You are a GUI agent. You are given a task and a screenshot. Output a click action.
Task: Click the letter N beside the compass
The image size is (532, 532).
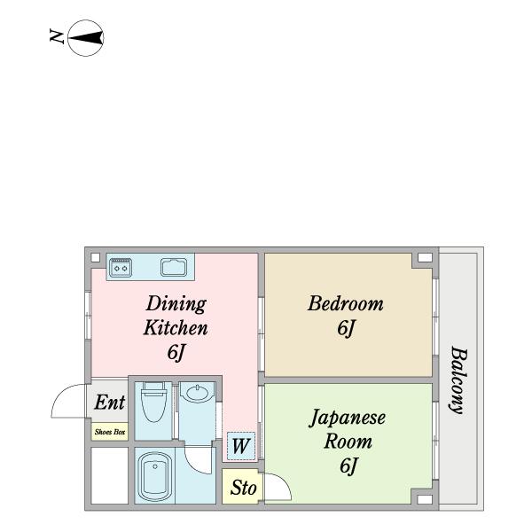coord(57,37)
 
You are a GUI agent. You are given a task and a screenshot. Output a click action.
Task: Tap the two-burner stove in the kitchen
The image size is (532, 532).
coord(121,266)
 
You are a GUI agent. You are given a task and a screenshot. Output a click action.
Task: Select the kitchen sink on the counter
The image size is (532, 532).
coord(173,266)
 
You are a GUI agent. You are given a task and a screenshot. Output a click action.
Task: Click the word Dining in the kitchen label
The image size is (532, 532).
coord(176,303)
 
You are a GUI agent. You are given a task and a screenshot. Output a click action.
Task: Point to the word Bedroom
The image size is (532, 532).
coord(345,303)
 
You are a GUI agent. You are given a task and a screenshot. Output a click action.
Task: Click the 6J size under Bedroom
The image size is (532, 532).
coord(345,328)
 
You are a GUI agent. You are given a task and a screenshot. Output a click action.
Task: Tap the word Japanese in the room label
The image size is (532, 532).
coord(347,417)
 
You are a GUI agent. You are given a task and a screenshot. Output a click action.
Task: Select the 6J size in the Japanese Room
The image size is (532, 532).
coord(347,465)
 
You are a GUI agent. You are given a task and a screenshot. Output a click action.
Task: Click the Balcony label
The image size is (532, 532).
coord(458,379)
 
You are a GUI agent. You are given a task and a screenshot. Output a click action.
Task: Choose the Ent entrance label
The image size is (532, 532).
coord(109,403)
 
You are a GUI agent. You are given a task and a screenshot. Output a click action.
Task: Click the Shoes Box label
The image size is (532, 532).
coord(109,433)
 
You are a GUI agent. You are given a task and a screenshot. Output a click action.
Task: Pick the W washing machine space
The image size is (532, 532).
coord(239,446)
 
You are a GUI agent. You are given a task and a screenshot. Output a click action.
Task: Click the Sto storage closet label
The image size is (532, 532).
coord(242,488)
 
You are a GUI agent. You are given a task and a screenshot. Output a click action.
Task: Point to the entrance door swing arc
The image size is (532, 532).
coord(66,401)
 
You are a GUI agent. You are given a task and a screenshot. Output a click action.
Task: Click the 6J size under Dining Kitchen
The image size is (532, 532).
coord(176,353)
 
